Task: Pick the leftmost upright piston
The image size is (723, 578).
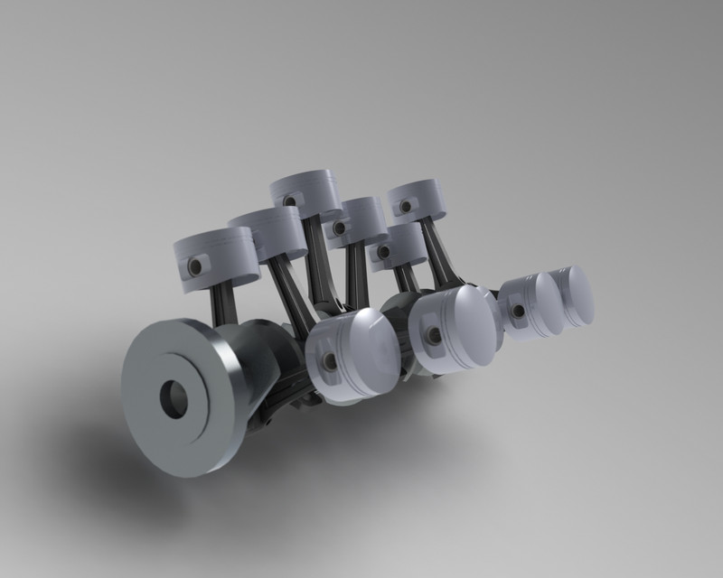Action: (215, 258)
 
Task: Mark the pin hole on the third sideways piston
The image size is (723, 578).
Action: (520, 312)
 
